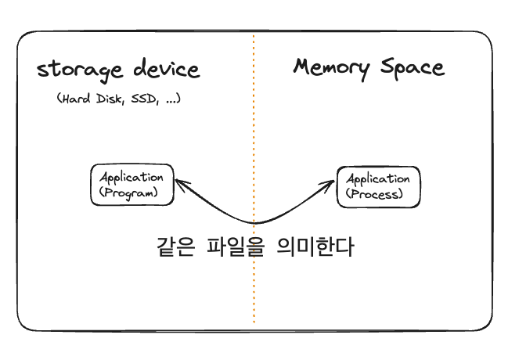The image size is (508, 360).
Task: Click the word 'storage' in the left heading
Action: (77, 70)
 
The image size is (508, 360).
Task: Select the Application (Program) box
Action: (132, 185)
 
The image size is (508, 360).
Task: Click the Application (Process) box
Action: (378, 186)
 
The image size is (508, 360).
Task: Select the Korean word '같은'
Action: (175, 247)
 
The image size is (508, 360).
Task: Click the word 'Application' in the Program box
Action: (132, 178)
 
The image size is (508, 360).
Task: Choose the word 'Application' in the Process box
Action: (378, 179)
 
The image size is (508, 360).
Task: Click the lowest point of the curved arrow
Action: (255, 225)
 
